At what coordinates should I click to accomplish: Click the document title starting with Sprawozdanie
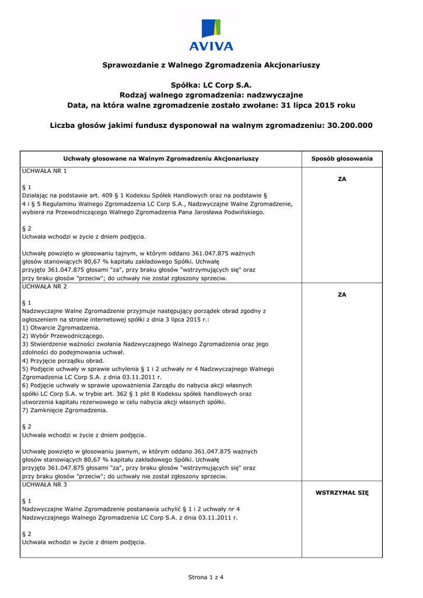click(x=211, y=65)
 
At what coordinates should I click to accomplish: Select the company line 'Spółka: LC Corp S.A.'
click(x=211, y=85)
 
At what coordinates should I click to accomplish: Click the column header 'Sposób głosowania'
click(x=342, y=159)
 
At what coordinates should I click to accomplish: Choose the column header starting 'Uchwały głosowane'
click(x=160, y=159)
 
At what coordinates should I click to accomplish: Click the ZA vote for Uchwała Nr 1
click(x=342, y=179)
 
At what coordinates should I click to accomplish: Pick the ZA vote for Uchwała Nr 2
click(x=342, y=295)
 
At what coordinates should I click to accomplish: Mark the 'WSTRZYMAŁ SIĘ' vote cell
click(x=342, y=493)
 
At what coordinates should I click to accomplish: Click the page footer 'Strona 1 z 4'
click(x=206, y=578)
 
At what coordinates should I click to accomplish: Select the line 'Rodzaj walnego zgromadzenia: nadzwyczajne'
click(x=211, y=95)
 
